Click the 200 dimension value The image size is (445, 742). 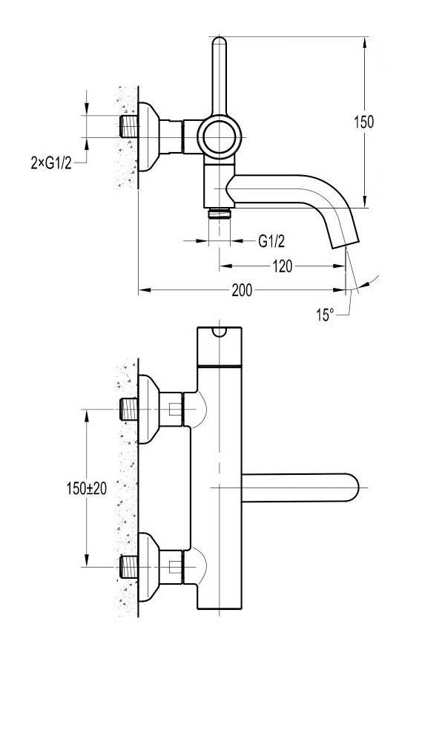pos(240,290)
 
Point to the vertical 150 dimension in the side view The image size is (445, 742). pos(363,122)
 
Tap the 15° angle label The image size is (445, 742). pos(325,315)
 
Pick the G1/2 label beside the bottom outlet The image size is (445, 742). pos(272,240)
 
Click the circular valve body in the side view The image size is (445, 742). pos(220,137)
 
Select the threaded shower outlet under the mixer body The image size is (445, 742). pos(220,214)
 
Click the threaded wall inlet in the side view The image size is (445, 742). pos(128,125)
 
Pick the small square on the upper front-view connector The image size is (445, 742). pos(174,409)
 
